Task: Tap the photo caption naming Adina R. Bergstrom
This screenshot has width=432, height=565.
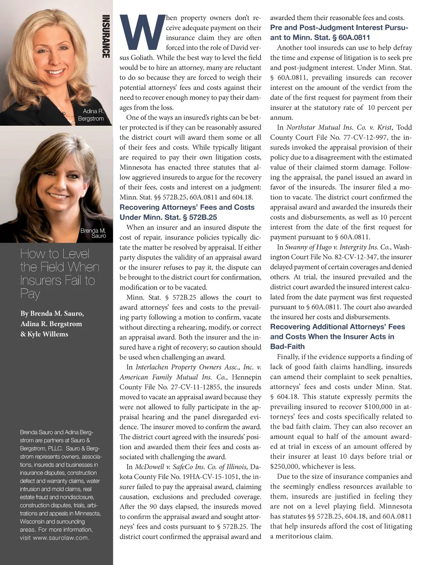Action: (91, 115)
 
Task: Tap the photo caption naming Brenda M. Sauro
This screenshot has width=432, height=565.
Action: (93, 233)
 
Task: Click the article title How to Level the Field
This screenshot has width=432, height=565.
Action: (59, 273)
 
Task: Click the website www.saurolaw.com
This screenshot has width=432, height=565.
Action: (61, 538)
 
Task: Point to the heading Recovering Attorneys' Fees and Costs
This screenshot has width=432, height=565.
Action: (187, 207)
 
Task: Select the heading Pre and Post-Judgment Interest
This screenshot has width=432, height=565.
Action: (339, 27)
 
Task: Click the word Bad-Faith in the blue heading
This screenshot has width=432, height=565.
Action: (287, 346)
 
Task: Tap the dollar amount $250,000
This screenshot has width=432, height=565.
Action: (284, 467)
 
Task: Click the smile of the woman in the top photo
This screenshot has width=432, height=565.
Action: (56, 71)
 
